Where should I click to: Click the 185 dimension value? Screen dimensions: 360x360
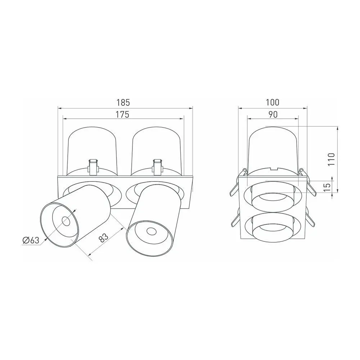(123, 102)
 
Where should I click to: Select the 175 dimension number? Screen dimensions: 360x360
(123, 114)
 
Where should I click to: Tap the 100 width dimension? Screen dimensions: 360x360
(273, 102)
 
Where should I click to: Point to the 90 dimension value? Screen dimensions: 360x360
(273, 114)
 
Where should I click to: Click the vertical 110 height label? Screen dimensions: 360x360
(331, 159)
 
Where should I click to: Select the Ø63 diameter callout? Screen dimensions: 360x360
(31, 240)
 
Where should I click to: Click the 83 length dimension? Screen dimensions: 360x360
(103, 238)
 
